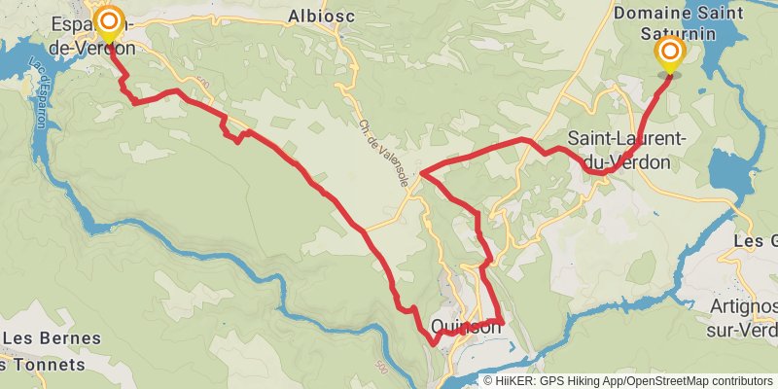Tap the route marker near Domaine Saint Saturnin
coord(669,53)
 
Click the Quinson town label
coord(465,329)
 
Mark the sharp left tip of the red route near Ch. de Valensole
coord(421,175)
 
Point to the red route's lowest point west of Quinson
coord(433,343)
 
